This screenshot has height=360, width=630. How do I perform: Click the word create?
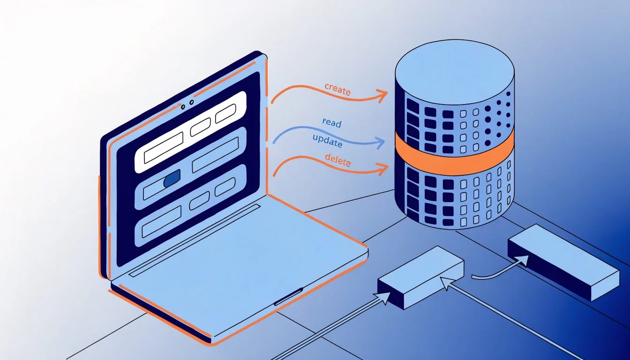pyautogui.click(x=337, y=90)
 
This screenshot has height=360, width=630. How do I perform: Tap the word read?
pyautogui.click(x=332, y=123)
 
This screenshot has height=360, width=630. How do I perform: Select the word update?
pyautogui.click(x=327, y=141)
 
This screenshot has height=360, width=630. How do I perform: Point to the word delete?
pyautogui.click(x=338, y=160)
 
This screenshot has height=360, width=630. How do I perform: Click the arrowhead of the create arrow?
pyautogui.click(x=382, y=95)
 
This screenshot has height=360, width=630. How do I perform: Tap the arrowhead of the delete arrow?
pyautogui.click(x=383, y=168)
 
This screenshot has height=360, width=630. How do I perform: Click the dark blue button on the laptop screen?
pyautogui.click(x=172, y=178)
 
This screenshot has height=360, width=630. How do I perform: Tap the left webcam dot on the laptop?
pyautogui.click(x=183, y=106)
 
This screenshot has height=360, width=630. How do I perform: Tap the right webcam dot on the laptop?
pyautogui.click(x=192, y=102)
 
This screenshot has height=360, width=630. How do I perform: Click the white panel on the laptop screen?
pyautogui.click(x=190, y=132)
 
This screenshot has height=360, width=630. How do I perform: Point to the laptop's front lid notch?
pyautogui.click(x=288, y=296)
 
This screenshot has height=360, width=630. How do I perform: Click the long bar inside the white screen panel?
pyautogui.click(x=164, y=148)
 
